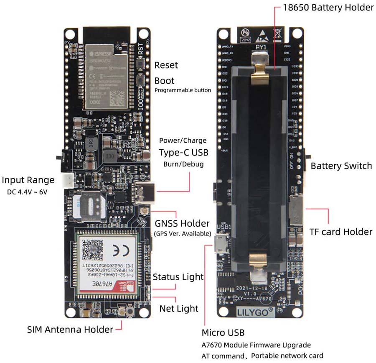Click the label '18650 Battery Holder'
[x=328, y=8]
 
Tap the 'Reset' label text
[x=166, y=65]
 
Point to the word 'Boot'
[x=164, y=80]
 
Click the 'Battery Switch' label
[x=341, y=166]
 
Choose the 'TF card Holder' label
[x=340, y=231]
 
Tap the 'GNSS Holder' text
[x=182, y=223]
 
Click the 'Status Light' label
[x=178, y=276]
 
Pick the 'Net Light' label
[x=179, y=309]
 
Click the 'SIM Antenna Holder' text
[x=70, y=329]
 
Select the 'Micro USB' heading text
[x=223, y=332]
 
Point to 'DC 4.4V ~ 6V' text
[x=28, y=192]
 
